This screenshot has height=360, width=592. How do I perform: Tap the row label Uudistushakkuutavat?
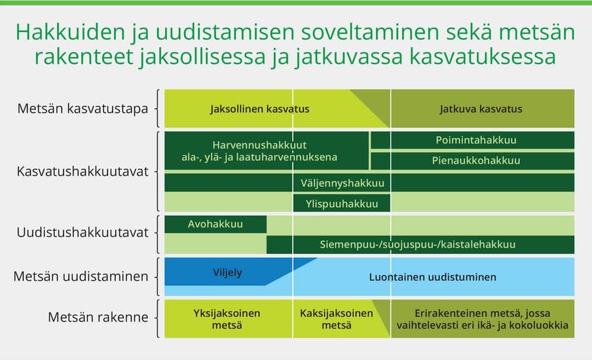tap(83, 232)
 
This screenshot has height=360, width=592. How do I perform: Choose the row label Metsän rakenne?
tap(98, 318)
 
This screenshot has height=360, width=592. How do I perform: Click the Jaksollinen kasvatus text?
tap(259, 109)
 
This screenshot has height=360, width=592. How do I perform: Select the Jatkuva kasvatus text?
tap(481, 109)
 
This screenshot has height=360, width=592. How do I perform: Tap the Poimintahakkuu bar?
tap(476, 140)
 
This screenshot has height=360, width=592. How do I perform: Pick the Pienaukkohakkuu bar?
tap(476, 160)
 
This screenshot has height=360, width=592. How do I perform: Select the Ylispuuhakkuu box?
tap(342, 204)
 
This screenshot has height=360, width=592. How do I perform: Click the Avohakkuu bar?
tap(215, 224)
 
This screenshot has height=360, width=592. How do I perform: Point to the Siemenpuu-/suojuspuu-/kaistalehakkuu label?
tap(417, 244)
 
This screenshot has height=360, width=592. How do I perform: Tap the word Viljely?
tap(227, 272)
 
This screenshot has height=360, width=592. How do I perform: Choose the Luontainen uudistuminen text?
tap(432, 277)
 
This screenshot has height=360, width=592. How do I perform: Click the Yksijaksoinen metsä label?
tap(227, 319)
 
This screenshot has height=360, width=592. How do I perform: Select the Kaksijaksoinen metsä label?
tap(336, 319)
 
